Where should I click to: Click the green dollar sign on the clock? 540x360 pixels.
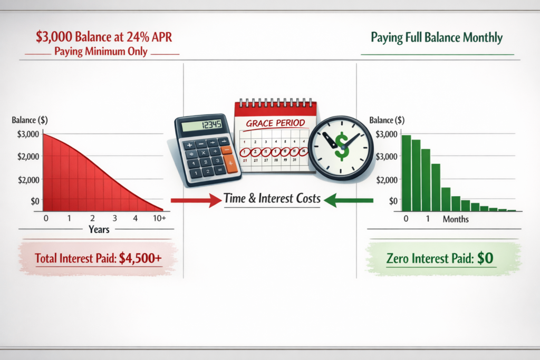[342, 146]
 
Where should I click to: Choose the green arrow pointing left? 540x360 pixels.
[350, 200]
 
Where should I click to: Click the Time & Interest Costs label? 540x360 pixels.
[272, 199]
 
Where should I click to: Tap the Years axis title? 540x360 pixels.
[99, 229]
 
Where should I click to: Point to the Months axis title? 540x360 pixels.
[455, 219]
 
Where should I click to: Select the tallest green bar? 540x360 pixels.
[406, 173]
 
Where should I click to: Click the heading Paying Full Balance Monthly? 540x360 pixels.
[437, 38]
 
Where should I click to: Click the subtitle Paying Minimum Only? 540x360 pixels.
[102, 53]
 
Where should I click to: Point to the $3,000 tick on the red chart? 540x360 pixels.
[27, 134]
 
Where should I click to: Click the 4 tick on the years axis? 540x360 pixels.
[136, 218]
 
